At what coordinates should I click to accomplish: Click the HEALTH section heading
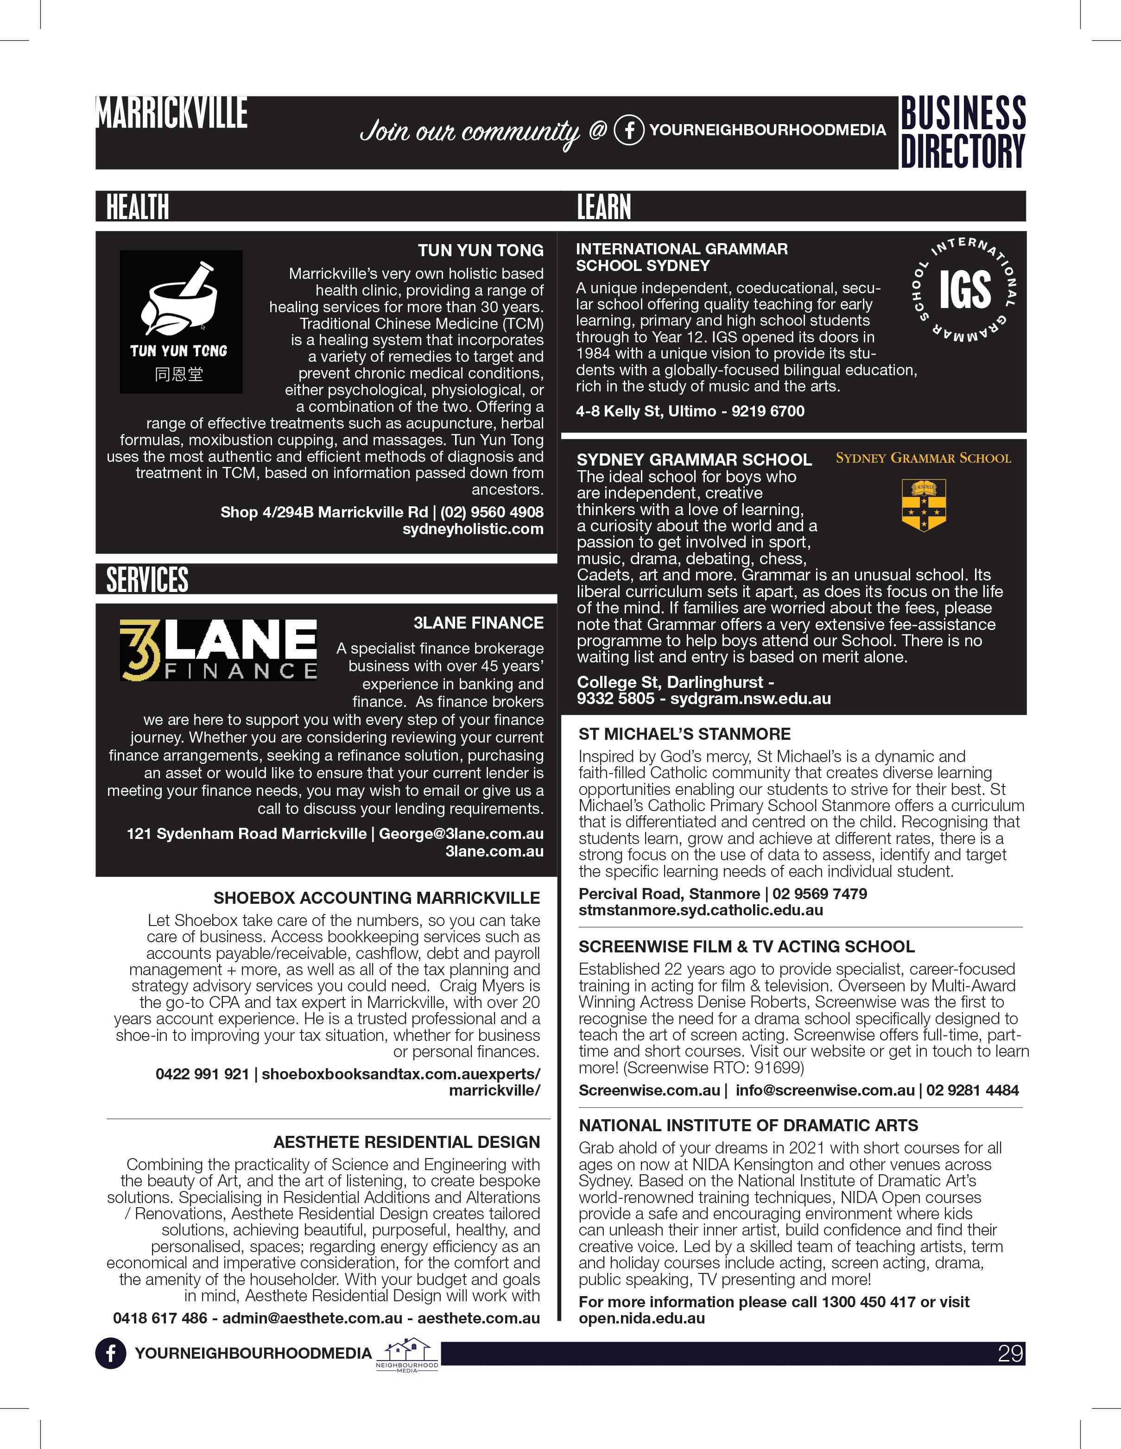137,207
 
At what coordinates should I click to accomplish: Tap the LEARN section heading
603,207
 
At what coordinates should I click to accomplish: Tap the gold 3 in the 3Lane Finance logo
140,651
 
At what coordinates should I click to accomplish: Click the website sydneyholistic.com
473,529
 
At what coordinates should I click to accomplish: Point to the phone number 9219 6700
768,411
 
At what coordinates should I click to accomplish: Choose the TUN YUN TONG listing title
481,251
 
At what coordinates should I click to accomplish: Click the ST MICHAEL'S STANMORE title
684,734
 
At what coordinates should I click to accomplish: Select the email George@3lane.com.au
461,834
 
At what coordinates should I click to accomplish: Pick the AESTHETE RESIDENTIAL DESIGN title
406,1142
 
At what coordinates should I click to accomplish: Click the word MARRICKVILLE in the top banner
172,113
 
